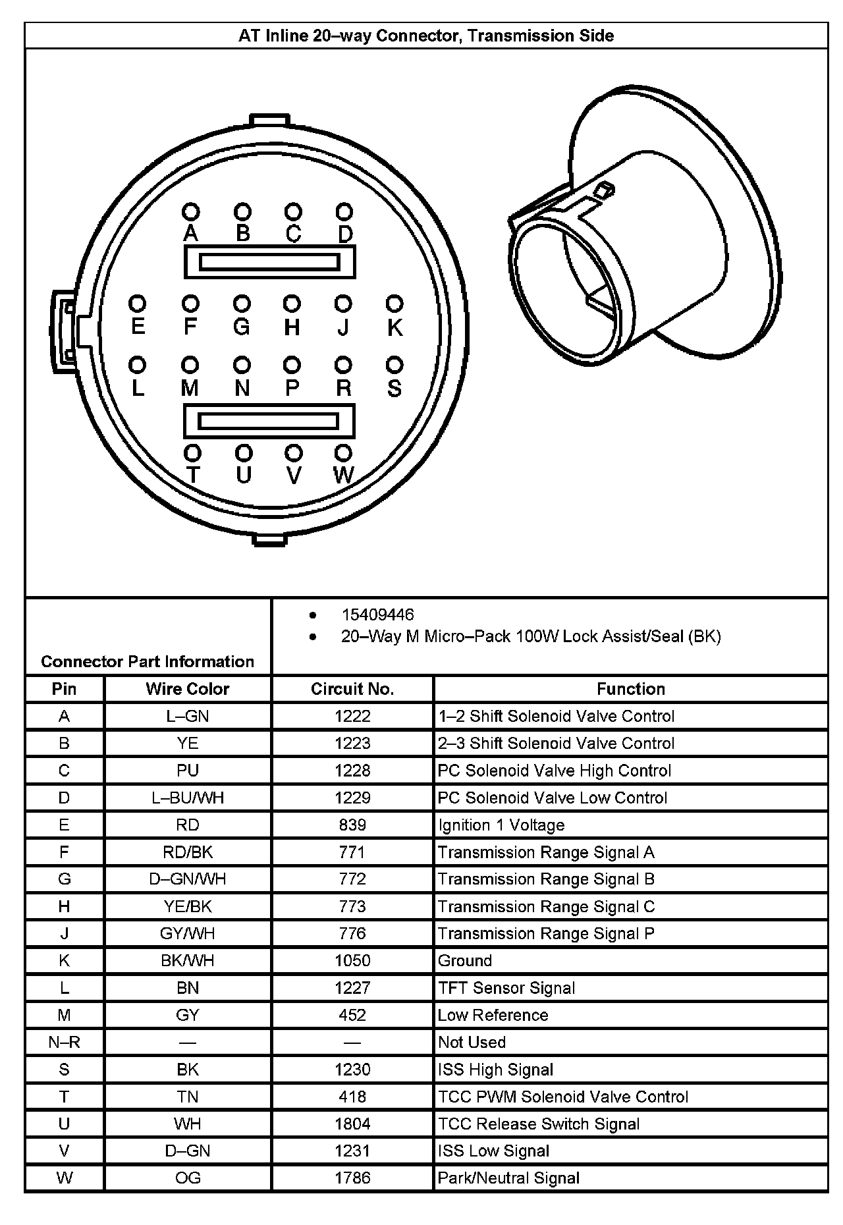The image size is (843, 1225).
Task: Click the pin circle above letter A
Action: coord(191,211)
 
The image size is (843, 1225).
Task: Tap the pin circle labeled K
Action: coord(394,304)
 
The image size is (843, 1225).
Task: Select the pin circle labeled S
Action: coord(394,364)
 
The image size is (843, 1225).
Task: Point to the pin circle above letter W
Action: coord(343,452)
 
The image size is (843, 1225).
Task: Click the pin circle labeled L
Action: coord(138,364)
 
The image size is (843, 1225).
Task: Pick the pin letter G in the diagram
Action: coord(242,327)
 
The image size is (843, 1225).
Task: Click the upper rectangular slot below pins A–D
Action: coord(269,262)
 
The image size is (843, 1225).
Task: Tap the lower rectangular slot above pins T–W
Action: coord(269,421)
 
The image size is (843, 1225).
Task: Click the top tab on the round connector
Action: coord(269,120)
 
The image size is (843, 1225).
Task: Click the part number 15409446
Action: coord(377,615)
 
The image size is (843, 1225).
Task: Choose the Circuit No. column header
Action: coord(352,689)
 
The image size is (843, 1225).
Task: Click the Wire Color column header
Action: coord(188,689)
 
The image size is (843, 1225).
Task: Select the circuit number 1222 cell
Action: coord(352,716)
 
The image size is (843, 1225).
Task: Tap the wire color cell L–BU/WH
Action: coord(188,798)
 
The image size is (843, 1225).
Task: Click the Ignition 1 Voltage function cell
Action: coord(501,825)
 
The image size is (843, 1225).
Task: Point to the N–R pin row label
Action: coord(64,1043)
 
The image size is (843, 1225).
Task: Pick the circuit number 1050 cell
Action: coord(352,961)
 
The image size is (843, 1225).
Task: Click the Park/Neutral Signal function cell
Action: coord(508,1178)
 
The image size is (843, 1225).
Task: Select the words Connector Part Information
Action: coord(148,661)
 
